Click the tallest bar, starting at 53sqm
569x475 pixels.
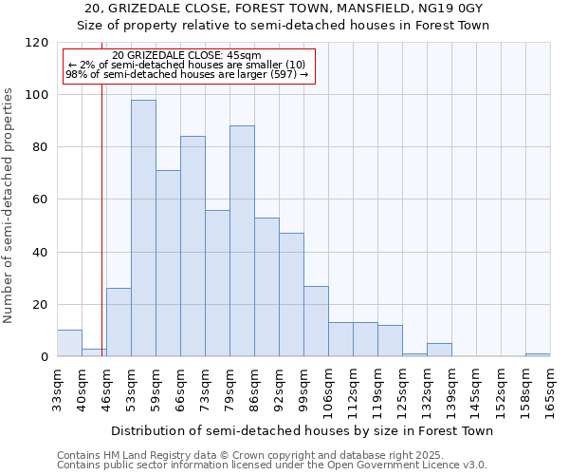(x=143, y=228)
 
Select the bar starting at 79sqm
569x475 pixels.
(x=242, y=241)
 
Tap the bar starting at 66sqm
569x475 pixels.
(x=193, y=246)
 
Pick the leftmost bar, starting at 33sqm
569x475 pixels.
(x=69, y=343)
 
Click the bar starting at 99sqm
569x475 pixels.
(x=316, y=321)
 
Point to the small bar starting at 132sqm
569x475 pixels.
(x=439, y=350)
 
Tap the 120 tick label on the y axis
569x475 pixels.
(x=37, y=43)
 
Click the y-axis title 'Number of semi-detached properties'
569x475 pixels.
(x=9, y=199)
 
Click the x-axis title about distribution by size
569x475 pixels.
(x=302, y=430)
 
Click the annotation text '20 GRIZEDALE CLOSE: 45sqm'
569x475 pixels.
(x=186, y=56)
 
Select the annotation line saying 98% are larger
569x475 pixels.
(x=186, y=74)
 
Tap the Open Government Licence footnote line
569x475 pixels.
(x=271, y=465)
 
